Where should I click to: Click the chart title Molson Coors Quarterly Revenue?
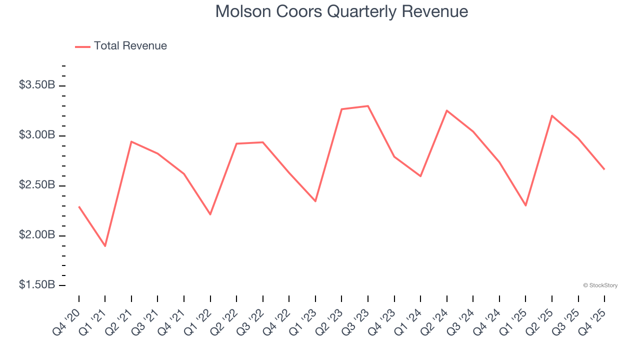[x=341, y=11]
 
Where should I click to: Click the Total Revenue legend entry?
[x=121, y=46]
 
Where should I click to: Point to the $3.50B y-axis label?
[x=37, y=85]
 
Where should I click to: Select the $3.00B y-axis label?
[x=37, y=135]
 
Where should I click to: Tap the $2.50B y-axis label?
[x=37, y=185]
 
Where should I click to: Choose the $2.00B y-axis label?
[x=37, y=235]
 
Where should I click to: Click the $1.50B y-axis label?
[x=37, y=285]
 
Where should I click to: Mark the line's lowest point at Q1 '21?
[x=105, y=246]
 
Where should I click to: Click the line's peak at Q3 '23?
[x=368, y=106]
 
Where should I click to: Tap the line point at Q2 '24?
[x=446, y=110]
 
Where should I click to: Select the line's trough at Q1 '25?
[x=525, y=205]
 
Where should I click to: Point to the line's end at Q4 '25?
[x=604, y=169]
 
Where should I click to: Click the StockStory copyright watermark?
[x=600, y=285]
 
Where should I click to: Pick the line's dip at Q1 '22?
[x=210, y=214]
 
